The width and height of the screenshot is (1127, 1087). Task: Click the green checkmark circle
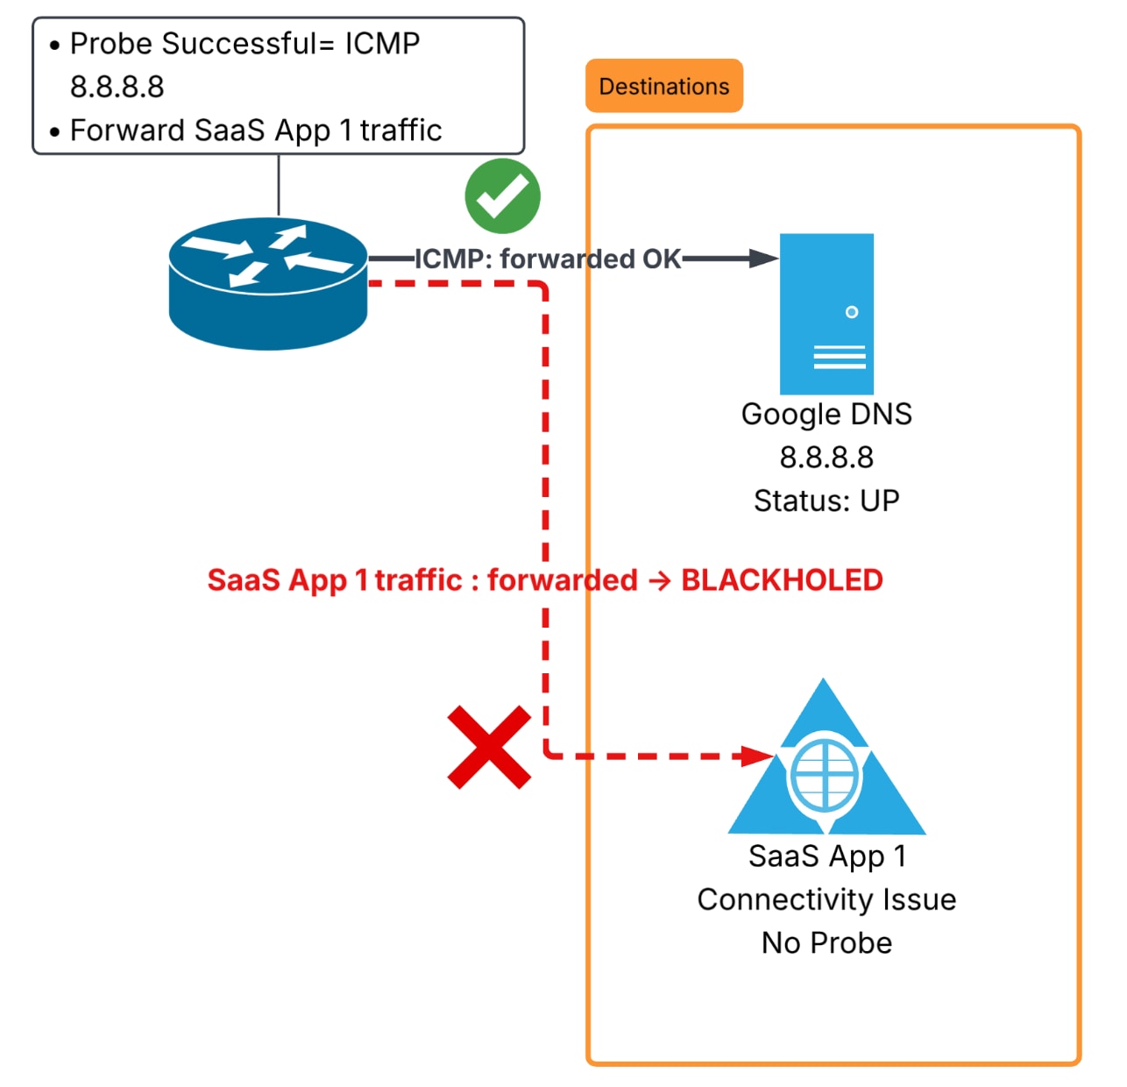[502, 195]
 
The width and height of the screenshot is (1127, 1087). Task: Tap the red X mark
[489, 747]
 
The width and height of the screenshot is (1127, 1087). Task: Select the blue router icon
[267, 283]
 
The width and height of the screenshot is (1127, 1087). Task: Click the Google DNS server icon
[826, 314]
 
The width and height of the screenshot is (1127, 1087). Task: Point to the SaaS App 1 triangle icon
[826, 764]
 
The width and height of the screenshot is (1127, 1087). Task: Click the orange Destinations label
[663, 86]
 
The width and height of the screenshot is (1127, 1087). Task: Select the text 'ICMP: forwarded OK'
[548, 259]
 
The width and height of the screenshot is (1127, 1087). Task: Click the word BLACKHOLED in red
[782, 580]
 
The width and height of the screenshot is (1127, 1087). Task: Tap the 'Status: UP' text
[826, 500]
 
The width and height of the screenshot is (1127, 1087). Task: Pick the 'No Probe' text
[826, 942]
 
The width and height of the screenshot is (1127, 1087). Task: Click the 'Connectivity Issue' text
[826, 899]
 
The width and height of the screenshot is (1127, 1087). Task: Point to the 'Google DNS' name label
[826, 415]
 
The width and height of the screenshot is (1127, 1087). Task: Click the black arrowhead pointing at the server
[763, 259]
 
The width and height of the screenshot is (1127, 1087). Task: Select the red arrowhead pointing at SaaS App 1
[757, 756]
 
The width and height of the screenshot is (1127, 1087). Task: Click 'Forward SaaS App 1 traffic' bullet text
[255, 130]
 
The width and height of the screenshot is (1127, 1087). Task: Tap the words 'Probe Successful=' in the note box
[202, 44]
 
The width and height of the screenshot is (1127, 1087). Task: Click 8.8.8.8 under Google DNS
[826, 458]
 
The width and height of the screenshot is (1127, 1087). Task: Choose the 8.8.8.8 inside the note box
[117, 87]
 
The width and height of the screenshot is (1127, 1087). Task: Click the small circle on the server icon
[851, 312]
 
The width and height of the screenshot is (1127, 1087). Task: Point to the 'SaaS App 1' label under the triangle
[826, 856]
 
